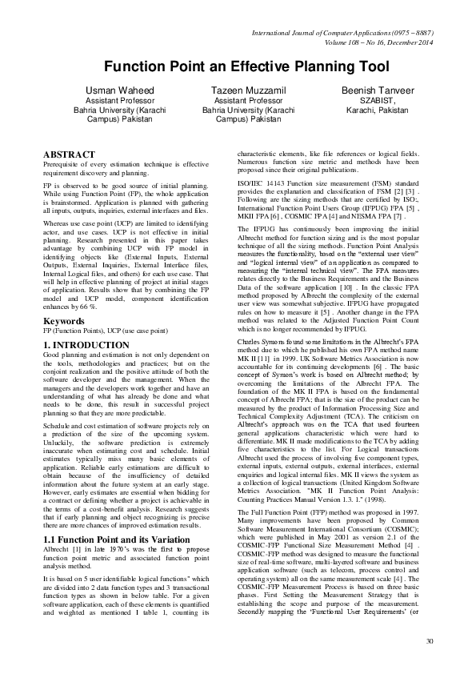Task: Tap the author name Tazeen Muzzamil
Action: tap(238, 90)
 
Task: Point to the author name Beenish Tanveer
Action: tap(367, 90)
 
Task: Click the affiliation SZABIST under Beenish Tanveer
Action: tap(367, 101)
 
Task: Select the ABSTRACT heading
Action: tap(69, 154)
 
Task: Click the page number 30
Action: tap(430, 641)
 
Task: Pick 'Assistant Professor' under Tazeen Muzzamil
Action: tap(238, 101)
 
